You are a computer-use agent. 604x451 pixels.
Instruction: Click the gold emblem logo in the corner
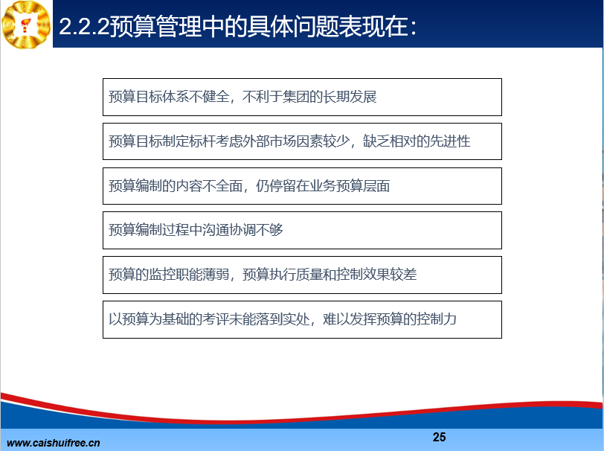26,25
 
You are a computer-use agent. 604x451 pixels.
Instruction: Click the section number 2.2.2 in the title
84,27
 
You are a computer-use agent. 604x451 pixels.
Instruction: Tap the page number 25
439,437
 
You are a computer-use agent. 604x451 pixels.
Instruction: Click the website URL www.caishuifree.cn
53,443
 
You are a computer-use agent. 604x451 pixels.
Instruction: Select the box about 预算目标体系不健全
302,97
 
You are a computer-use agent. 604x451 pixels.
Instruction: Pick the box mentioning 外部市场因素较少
302,141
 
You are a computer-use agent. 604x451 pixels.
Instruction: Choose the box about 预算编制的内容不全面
302,186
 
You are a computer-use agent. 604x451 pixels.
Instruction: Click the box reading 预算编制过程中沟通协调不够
302,231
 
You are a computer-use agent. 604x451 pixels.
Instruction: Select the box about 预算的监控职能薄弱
302,275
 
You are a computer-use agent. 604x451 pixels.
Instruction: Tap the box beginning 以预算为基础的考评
302,320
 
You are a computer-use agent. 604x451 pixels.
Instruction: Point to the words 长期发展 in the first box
350,97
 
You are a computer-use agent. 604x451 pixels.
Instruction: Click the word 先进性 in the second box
450,141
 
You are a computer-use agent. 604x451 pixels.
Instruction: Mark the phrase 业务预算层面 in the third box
350,186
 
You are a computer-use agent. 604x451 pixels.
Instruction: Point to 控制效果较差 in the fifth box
376,275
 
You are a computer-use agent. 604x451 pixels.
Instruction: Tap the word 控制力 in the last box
437,319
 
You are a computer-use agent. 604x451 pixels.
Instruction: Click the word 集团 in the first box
296,97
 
